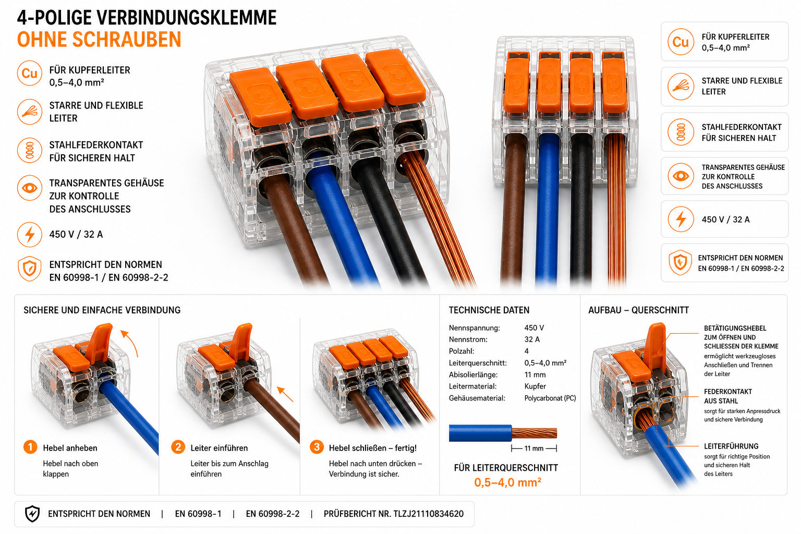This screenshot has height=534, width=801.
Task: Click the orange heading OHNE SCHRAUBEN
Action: [x=99, y=39]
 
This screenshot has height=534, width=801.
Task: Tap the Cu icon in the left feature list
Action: [x=30, y=74]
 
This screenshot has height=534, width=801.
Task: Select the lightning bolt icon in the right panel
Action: [x=681, y=219]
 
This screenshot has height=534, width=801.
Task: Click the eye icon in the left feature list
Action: [x=30, y=188]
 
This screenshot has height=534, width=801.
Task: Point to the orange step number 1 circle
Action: [x=30, y=447]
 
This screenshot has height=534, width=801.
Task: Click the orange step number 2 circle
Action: [x=178, y=447]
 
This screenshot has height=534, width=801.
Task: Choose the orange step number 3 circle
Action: [x=317, y=447]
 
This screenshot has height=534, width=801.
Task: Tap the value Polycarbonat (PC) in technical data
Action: [x=550, y=398]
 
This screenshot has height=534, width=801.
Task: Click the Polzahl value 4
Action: [x=526, y=351]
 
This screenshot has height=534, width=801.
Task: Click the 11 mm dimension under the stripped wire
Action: [x=534, y=448]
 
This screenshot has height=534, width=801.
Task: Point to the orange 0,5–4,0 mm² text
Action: [x=507, y=482]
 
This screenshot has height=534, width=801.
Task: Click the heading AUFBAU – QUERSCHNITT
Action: [x=638, y=310]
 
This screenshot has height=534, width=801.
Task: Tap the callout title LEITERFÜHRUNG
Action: [x=731, y=446]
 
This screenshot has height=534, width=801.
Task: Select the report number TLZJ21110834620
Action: [x=428, y=514]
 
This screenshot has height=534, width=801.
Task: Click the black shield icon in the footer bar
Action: [x=32, y=514]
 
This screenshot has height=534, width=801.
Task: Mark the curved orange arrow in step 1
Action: [x=132, y=342]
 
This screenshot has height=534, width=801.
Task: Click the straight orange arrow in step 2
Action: [x=285, y=394]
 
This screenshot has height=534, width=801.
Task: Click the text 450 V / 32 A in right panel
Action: [x=725, y=219]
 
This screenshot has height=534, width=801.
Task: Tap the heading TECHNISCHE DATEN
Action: [x=489, y=310]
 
